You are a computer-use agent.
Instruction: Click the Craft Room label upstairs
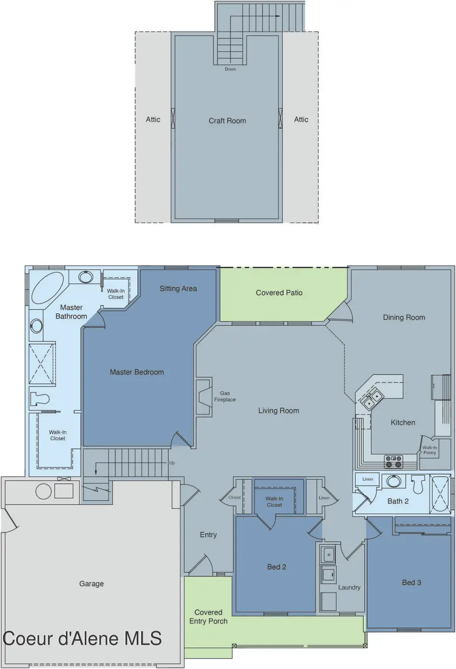(x=227, y=121)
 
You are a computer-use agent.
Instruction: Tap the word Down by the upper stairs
(x=230, y=69)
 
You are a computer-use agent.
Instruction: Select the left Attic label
(x=153, y=120)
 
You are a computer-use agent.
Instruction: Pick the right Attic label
(x=301, y=120)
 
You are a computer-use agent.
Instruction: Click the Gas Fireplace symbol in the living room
(x=204, y=397)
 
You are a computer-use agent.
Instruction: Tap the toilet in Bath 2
(x=417, y=485)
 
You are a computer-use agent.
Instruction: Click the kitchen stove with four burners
(x=393, y=461)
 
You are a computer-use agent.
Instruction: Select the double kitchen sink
(x=371, y=399)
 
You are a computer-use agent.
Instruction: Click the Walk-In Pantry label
(x=430, y=450)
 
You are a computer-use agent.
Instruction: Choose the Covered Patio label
(x=279, y=293)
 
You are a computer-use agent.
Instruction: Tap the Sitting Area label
(x=178, y=288)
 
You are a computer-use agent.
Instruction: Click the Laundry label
(x=349, y=587)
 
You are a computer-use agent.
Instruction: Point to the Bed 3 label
(x=411, y=583)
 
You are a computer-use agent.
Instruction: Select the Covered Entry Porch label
(x=208, y=617)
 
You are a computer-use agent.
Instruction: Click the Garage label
(x=91, y=584)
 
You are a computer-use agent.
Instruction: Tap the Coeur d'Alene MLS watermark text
(x=82, y=639)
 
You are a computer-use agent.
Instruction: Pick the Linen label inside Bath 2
(x=367, y=479)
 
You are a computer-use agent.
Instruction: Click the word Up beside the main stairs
(x=172, y=463)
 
